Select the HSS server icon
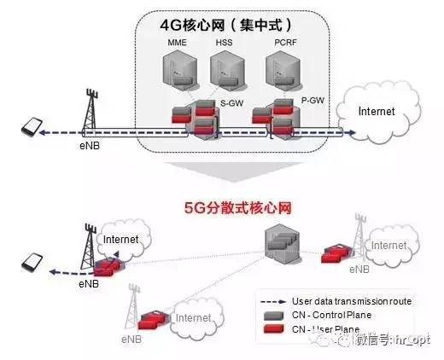[x=223, y=70]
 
